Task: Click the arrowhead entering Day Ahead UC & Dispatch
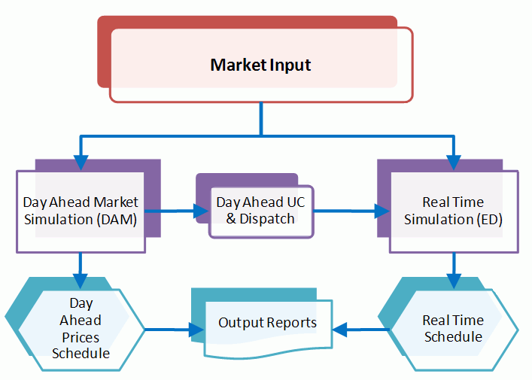point(201,211)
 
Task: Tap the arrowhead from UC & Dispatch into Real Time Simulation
point(382,211)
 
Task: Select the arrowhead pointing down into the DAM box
point(81,163)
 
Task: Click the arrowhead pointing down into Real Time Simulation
point(454,163)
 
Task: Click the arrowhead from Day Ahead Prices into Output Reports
point(196,329)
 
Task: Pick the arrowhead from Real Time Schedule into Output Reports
point(340,329)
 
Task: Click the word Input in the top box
point(288,65)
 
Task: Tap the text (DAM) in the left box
point(117,220)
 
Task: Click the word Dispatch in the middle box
point(266,220)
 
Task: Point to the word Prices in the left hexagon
point(81,338)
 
